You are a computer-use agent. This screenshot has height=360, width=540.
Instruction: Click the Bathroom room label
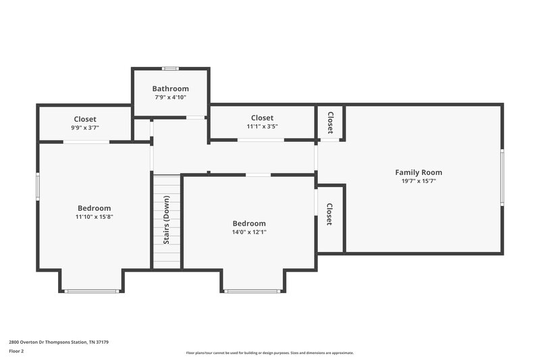point(170,88)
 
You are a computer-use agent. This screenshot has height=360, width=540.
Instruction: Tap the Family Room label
point(418,172)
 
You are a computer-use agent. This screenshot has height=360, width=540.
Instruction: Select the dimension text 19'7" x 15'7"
point(418,181)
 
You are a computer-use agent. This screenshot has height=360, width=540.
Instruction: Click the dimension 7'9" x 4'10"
point(170,97)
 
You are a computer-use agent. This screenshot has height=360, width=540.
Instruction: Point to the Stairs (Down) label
point(166,220)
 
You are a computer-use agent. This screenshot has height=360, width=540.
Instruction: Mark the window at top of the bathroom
point(171,68)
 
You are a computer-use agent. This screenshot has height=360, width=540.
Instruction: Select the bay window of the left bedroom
point(92,291)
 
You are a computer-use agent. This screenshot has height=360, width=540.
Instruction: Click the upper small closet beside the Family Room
point(330,122)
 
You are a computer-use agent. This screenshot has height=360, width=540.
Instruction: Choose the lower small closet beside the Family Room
point(329,215)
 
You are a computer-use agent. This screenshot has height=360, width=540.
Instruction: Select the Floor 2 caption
point(16,351)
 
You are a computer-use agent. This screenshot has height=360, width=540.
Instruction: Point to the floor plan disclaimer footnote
point(269,353)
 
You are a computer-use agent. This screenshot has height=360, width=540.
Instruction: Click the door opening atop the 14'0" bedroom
point(258,175)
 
